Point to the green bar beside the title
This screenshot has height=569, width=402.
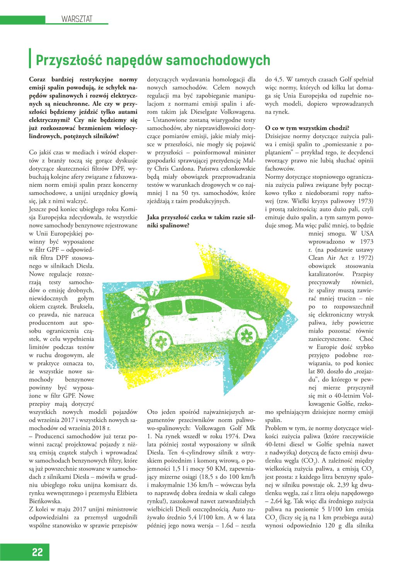click(x=31, y=59)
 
